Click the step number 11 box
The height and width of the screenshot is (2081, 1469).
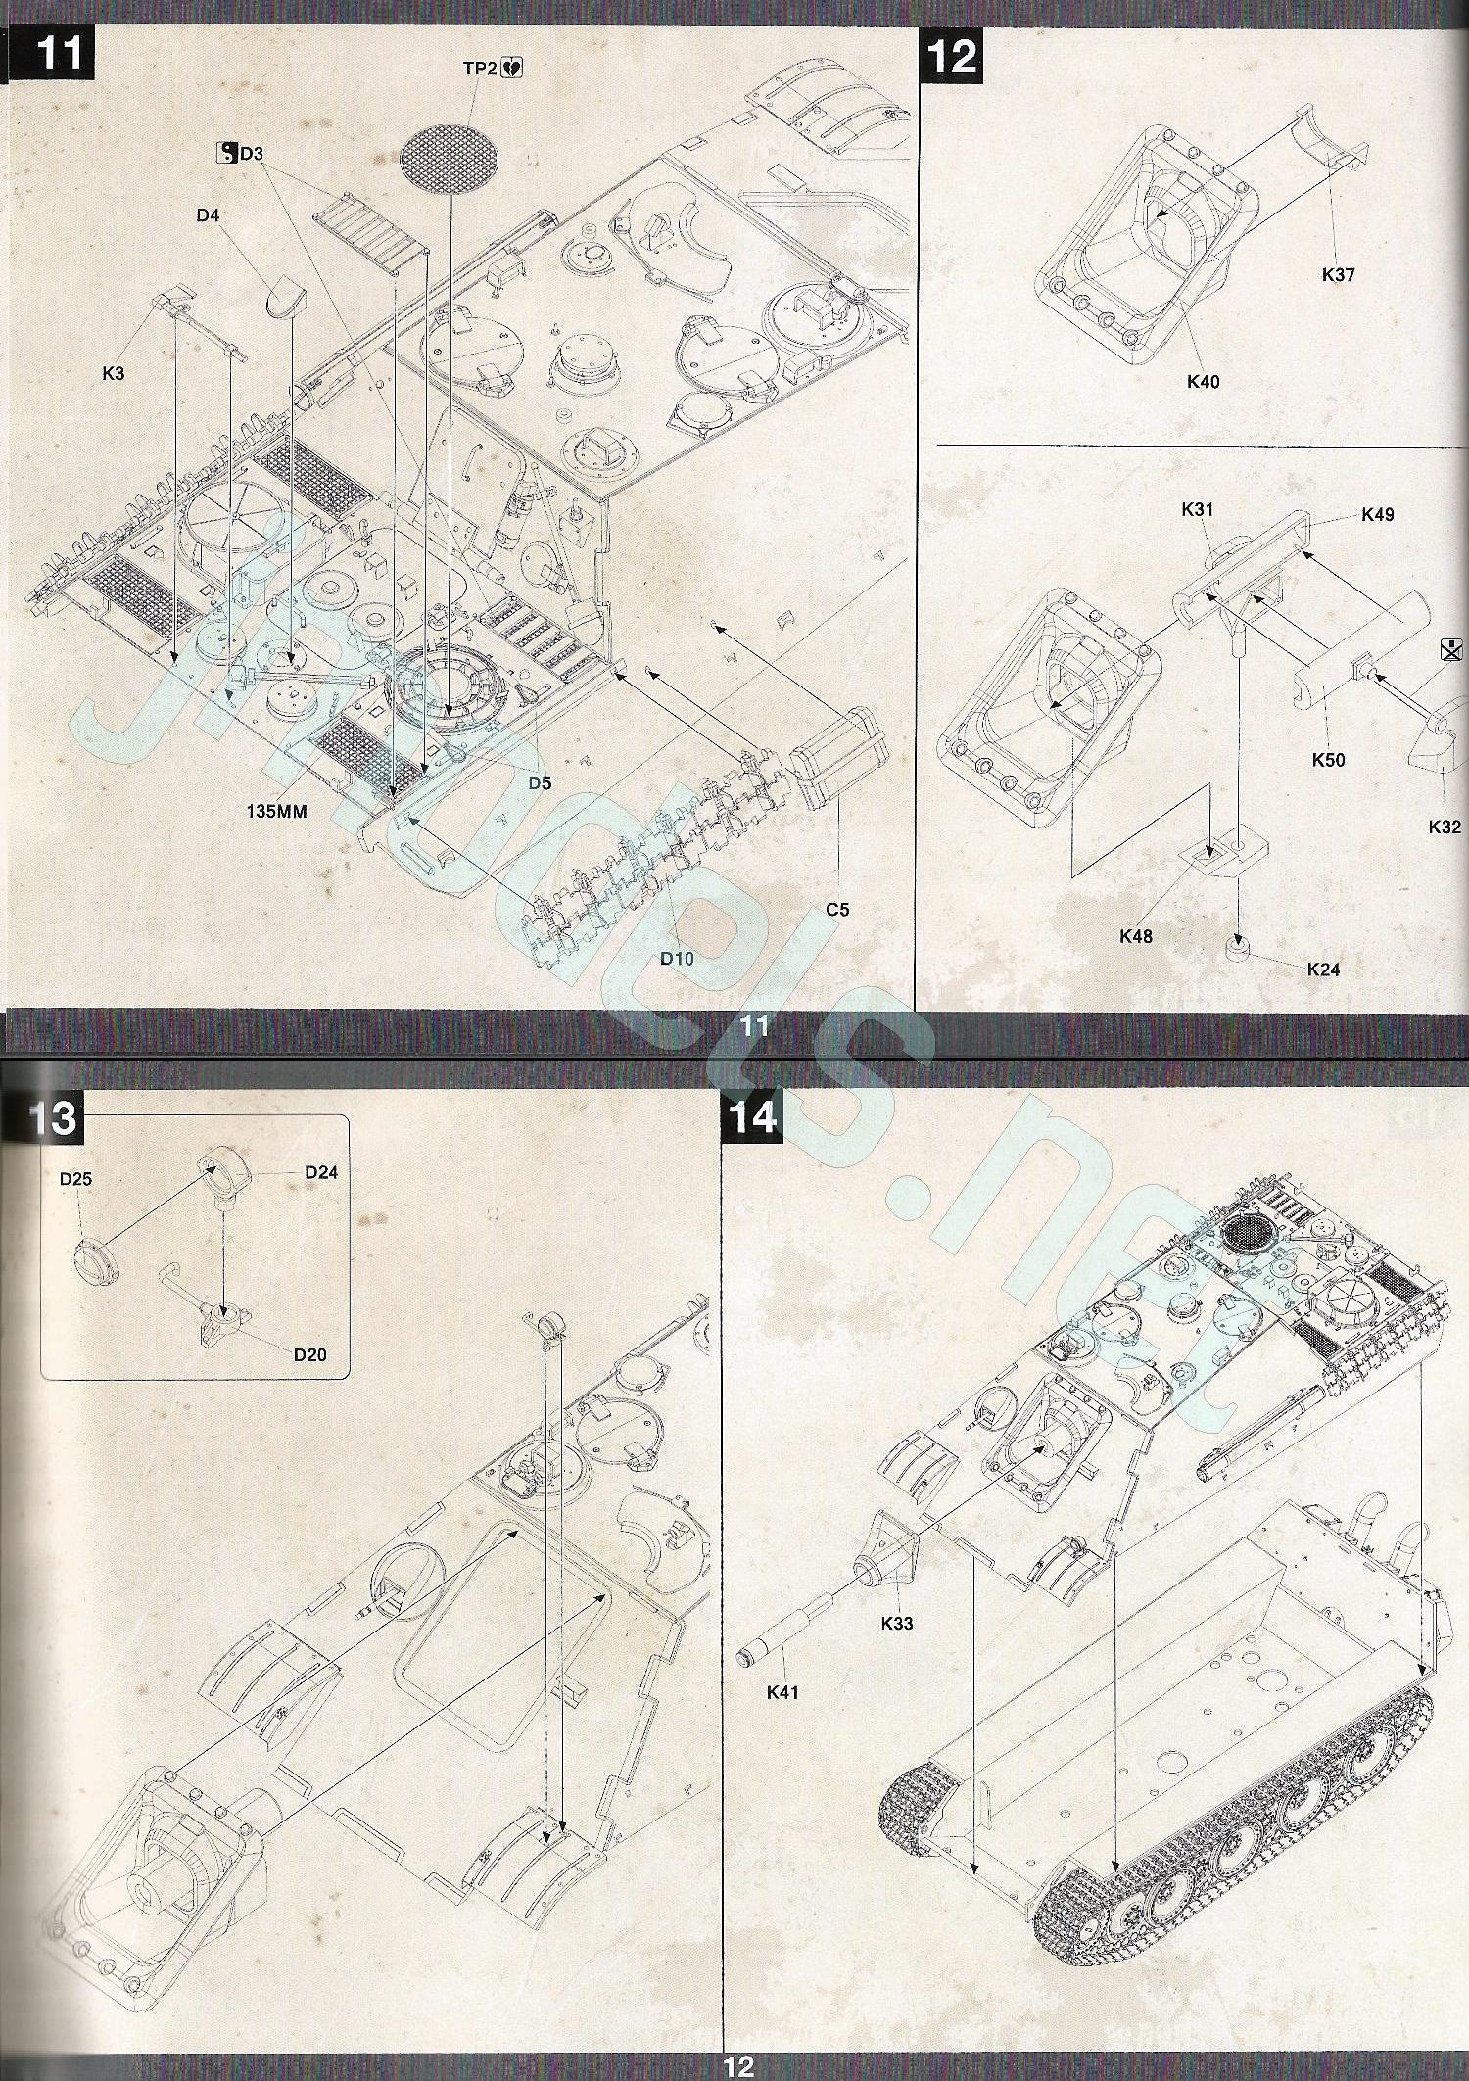point(59,53)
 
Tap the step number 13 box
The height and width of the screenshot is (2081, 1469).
point(50,1116)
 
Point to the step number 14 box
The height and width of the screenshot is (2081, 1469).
point(751,1116)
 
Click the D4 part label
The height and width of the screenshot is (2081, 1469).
point(208,215)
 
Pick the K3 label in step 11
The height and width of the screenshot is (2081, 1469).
point(114,373)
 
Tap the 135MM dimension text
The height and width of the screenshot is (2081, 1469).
point(277,811)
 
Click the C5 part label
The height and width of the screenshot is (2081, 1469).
point(837,909)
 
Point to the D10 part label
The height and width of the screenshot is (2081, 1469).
point(677,958)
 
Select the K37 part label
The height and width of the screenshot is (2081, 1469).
point(1338,274)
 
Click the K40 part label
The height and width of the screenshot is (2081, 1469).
point(1203,381)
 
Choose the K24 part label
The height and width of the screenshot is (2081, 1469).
point(1323,970)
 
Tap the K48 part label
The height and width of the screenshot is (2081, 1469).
point(1136,936)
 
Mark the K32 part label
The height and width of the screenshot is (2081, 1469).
point(1445,827)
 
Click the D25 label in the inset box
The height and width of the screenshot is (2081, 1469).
point(75,1179)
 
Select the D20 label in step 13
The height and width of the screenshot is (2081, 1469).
point(309,1355)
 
